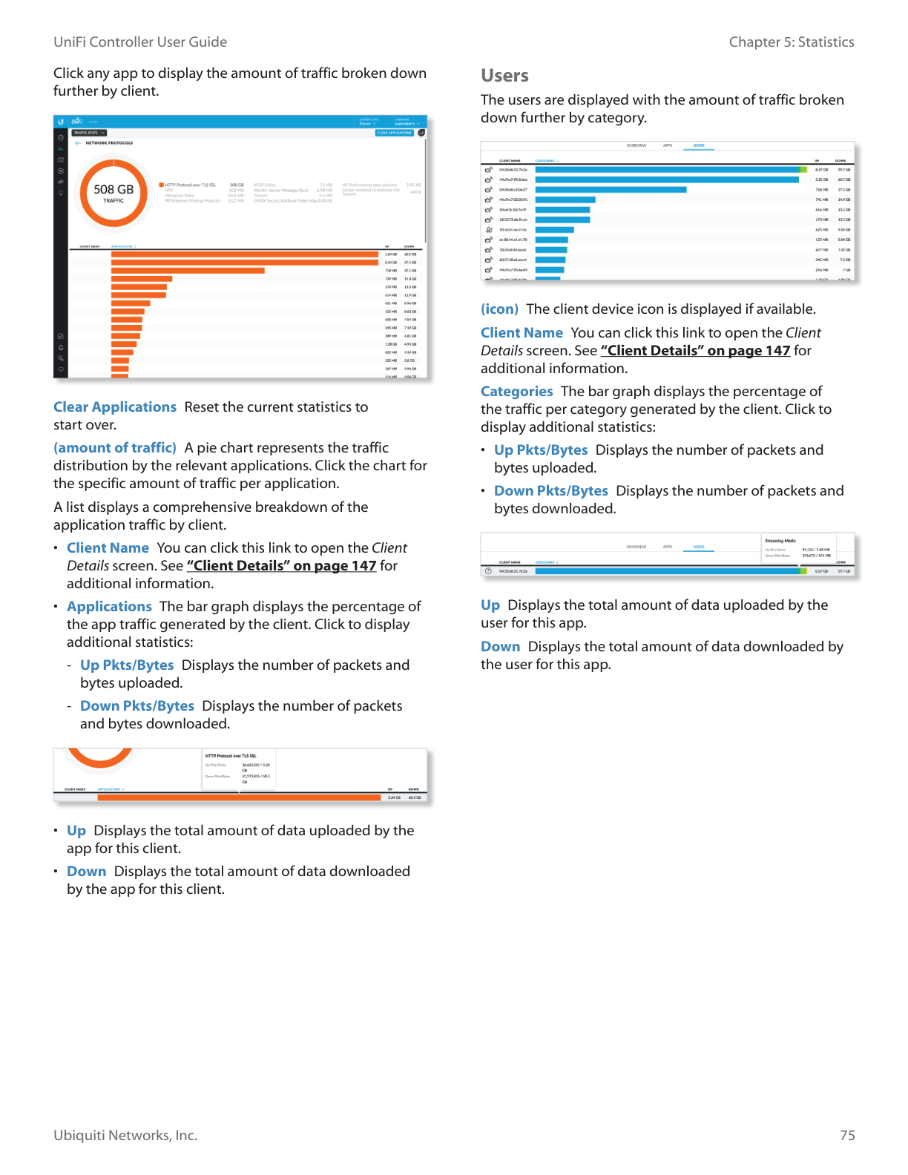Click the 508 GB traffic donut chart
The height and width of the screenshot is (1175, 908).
(x=113, y=194)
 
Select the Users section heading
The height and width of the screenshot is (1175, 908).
(x=504, y=76)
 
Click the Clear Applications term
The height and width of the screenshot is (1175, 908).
(x=115, y=407)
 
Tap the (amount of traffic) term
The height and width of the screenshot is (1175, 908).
(x=115, y=448)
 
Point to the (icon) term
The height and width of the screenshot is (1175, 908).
(x=499, y=309)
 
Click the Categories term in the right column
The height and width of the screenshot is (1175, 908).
(x=516, y=392)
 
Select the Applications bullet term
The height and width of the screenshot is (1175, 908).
(x=109, y=607)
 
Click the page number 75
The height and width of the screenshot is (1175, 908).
(x=847, y=1136)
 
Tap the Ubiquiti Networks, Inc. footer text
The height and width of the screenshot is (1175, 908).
(x=125, y=1136)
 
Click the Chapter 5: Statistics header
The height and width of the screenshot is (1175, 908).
(x=791, y=42)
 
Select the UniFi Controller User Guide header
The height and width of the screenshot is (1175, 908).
(x=140, y=42)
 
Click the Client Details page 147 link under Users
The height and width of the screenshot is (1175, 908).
(x=695, y=351)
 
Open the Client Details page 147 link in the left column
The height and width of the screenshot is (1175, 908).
(x=281, y=566)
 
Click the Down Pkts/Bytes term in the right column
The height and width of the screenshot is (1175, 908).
(x=550, y=491)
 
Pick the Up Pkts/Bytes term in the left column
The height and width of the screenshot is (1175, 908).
(x=127, y=665)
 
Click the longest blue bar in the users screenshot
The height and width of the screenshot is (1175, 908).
(x=668, y=170)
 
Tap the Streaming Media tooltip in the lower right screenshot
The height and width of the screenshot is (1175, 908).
(x=797, y=549)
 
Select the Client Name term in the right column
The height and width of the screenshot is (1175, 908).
(x=522, y=333)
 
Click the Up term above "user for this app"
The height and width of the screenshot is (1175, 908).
(x=490, y=605)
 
